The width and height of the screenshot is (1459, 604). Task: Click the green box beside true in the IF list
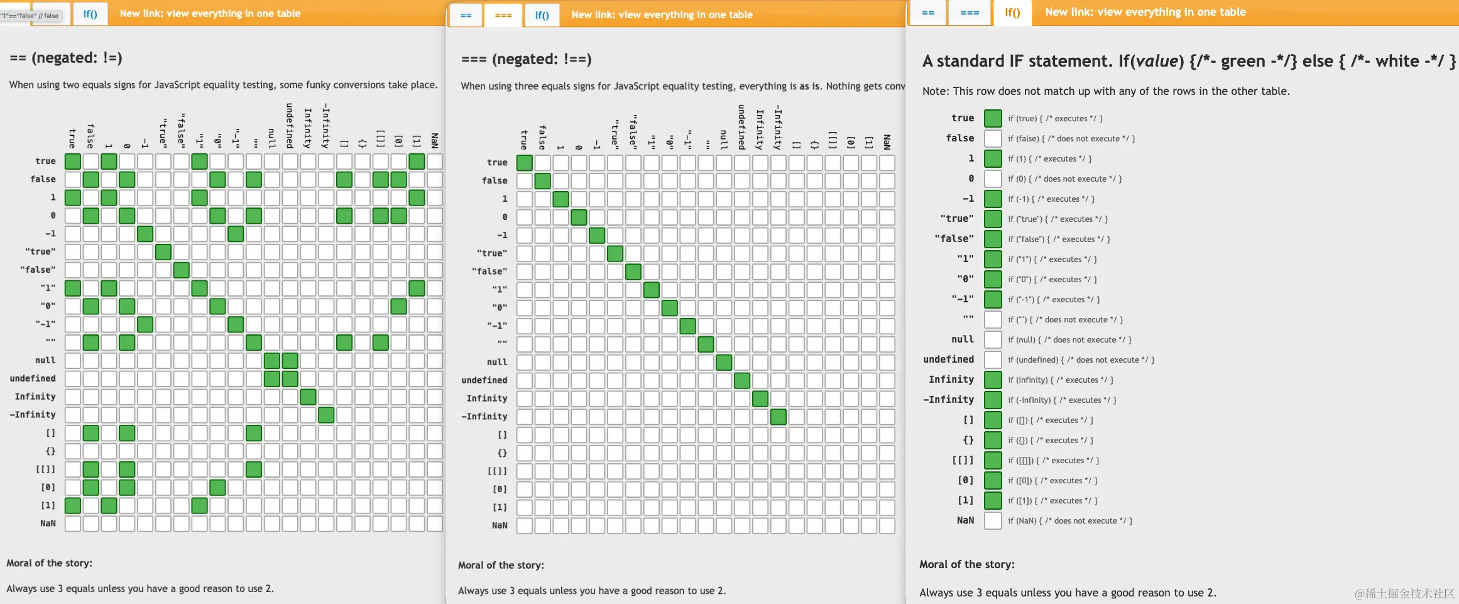(x=993, y=118)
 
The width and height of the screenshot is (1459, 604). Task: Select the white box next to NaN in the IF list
(x=993, y=520)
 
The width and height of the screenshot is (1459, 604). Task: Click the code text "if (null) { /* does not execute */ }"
(x=1069, y=339)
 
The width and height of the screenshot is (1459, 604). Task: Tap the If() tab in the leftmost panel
(x=90, y=14)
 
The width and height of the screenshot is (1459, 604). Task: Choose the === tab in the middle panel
(x=503, y=15)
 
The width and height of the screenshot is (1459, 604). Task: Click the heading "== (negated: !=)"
(x=66, y=58)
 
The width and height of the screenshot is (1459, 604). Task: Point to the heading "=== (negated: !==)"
(x=527, y=59)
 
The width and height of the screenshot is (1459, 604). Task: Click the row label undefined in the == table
(x=33, y=378)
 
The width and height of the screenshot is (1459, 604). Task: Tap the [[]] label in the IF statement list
(x=963, y=460)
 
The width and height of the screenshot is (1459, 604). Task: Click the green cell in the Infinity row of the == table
(x=308, y=397)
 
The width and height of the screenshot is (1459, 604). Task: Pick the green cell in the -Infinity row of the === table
(x=778, y=417)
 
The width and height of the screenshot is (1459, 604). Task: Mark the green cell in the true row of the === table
(x=524, y=163)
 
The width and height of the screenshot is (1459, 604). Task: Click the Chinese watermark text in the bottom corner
(x=1404, y=593)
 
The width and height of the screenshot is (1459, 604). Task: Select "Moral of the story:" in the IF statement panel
(x=967, y=564)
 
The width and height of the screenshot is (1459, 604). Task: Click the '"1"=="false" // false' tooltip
(x=30, y=16)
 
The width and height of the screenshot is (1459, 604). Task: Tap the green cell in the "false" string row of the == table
(x=182, y=270)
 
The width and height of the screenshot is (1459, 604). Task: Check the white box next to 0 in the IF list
(x=993, y=178)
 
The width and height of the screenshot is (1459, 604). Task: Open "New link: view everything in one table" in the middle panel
(x=662, y=15)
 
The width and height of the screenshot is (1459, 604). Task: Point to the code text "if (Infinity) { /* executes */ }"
(x=1061, y=380)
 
